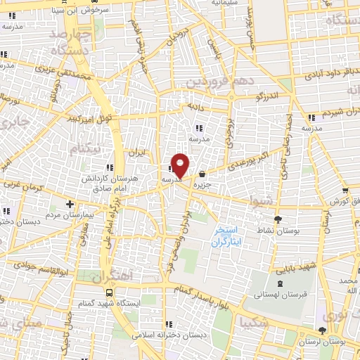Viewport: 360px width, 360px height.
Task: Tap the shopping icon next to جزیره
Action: (202, 174)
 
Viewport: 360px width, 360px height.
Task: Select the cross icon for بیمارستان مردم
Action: (69, 205)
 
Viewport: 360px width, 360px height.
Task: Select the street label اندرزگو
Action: (266, 94)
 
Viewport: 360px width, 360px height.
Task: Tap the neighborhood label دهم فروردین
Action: (219, 82)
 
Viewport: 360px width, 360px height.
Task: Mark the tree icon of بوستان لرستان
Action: (323, 330)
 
